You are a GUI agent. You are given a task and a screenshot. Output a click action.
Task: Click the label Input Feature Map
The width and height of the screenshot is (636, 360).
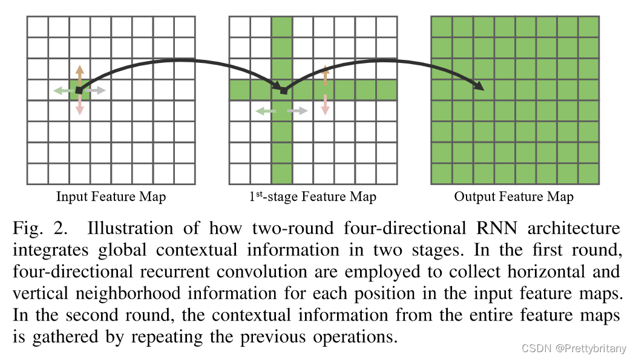(111, 197)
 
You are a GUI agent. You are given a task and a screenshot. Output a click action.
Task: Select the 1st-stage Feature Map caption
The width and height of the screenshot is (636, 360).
(312, 197)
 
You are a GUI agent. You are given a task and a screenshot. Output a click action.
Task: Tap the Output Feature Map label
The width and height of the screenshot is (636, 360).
(514, 197)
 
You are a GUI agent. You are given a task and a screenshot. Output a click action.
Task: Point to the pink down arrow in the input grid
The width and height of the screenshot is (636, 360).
(79, 106)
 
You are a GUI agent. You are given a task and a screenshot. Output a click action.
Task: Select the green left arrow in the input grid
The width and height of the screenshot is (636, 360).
(62, 91)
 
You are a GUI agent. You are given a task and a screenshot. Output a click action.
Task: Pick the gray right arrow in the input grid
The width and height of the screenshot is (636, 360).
(96, 91)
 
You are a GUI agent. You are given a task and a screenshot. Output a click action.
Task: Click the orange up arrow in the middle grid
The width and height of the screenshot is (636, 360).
(326, 74)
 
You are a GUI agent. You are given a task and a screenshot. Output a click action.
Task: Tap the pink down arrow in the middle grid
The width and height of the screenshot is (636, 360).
(326, 104)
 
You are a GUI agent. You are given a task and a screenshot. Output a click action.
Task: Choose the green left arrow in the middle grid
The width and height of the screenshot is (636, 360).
(266, 111)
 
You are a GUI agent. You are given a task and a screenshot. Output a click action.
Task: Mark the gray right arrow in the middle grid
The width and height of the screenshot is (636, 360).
(298, 111)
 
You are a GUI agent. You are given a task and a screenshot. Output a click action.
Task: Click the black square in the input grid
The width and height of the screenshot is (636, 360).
(79, 91)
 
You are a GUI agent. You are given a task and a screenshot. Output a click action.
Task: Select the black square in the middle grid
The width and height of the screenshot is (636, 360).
(283, 91)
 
